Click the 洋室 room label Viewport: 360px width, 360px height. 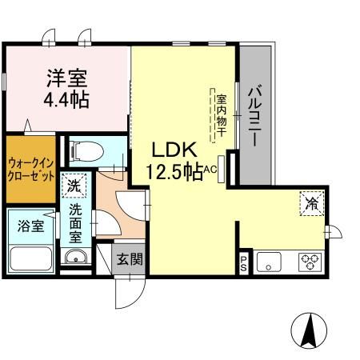pos(67,79)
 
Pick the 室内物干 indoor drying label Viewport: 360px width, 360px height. pos(221,117)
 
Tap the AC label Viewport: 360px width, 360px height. pos(211,169)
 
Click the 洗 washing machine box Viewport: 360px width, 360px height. pos(74,186)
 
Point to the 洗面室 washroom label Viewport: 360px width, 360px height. pos(76,222)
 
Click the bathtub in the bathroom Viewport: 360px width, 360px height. pos(30,258)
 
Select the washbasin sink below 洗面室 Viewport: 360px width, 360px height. pos(76,257)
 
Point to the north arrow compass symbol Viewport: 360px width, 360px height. pos(309,327)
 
